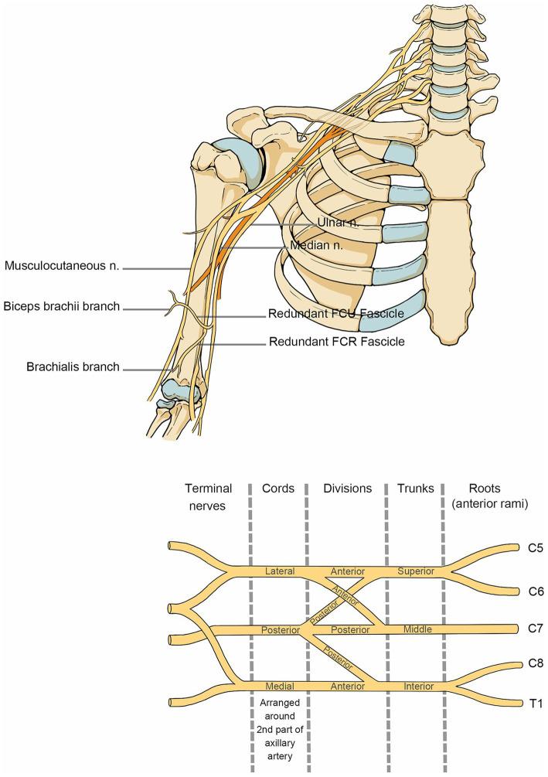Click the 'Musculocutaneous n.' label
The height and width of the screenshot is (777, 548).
[62, 267]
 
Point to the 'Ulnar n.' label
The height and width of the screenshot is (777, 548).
[339, 223]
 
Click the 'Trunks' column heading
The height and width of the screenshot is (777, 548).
[416, 488]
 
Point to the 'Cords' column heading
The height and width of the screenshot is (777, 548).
[278, 488]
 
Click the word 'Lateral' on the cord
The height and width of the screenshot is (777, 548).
[280, 571]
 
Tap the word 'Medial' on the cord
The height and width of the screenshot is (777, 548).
[280, 686]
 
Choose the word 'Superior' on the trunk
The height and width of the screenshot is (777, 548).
[416, 571]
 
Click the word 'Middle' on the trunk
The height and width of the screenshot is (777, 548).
[417, 629]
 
